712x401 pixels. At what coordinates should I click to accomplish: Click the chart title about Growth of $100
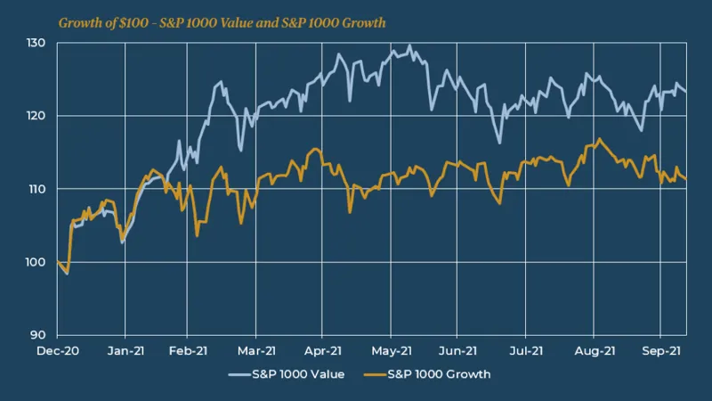tap(222, 22)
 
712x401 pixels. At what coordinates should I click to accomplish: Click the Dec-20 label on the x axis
tap(57, 351)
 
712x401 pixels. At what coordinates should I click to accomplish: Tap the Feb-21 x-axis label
tap(190, 351)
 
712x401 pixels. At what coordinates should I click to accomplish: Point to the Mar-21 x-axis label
tap(256, 351)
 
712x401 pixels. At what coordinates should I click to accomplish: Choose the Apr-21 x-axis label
tap(324, 351)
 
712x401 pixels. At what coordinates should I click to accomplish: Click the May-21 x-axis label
tap(391, 351)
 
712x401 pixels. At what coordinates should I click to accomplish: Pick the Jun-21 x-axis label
tap(458, 351)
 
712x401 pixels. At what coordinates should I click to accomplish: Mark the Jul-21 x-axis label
tap(525, 351)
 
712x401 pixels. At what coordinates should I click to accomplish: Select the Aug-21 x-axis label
tap(593, 351)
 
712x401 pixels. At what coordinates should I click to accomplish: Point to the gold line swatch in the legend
tap(374, 374)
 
